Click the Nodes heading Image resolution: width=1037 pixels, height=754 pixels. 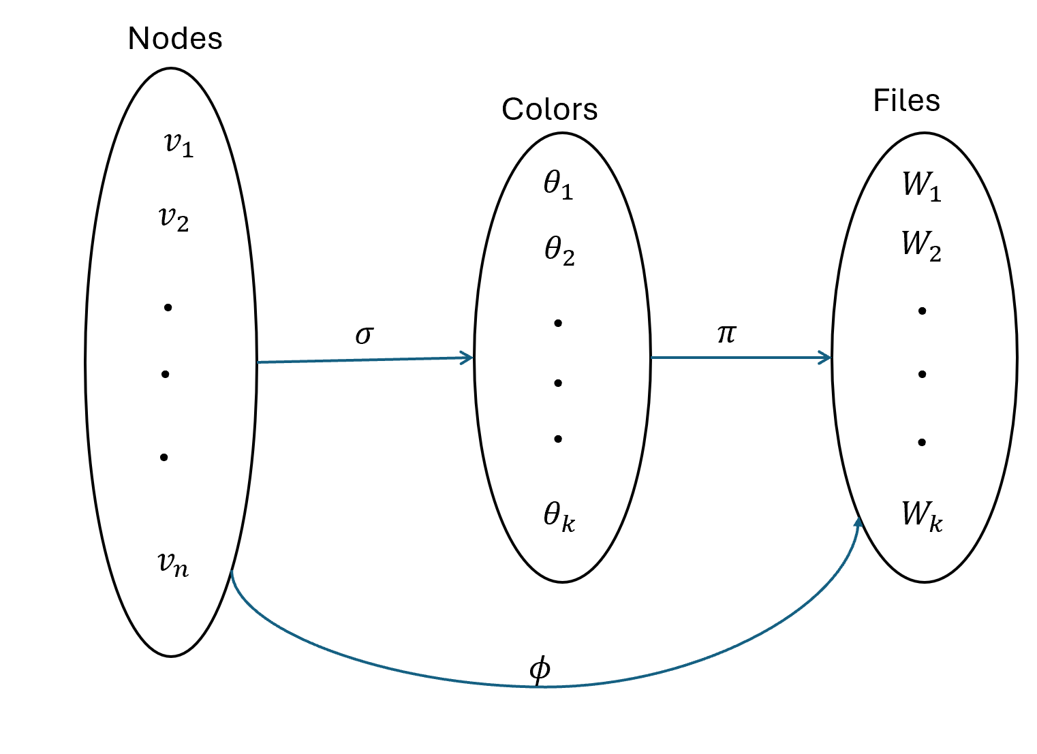[x=175, y=39]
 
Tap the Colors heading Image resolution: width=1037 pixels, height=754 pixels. [x=549, y=109]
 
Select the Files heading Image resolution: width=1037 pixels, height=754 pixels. [x=906, y=101]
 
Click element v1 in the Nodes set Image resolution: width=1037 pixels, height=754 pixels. [x=179, y=144]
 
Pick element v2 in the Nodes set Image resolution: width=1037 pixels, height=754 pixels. [x=173, y=219]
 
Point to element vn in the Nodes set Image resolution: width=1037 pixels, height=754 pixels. [x=172, y=564]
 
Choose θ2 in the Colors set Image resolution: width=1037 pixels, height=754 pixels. [x=559, y=251]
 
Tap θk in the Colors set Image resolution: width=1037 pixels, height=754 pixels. [x=559, y=516]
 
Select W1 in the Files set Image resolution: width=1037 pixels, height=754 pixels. [x=921, y=185]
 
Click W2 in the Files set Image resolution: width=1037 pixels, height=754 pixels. [x=921, y=245]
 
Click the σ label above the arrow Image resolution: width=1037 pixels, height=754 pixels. [x=365, y=334]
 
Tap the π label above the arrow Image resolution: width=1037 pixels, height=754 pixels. [x=726, y=333]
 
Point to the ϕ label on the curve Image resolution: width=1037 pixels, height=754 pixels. [x=539, y=670]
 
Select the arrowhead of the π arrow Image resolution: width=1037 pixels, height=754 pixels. [x=826, y=358]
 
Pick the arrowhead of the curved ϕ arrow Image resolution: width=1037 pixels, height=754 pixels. [x=858, y=523]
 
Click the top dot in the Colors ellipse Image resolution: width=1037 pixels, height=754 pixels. [x=558, y=323]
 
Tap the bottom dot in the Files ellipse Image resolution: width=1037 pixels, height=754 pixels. [x=922, y=443]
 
